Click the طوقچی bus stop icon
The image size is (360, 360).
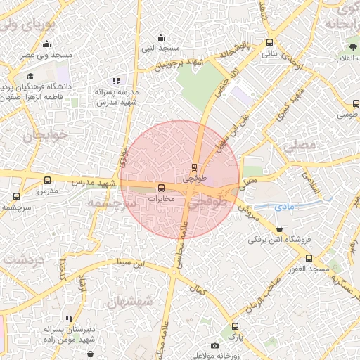coord(195,167)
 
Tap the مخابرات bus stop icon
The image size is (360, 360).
coord(162,188)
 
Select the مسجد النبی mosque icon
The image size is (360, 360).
coord(161,38)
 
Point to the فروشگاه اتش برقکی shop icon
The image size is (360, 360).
coord(280,229)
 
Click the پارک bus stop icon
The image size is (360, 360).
coord(235,326)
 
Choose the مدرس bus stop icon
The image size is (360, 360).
coord(47,181)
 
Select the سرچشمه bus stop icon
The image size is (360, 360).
coord(16,196)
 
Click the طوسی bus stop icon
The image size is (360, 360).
coord(356,103)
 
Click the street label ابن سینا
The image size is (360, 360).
coord(133,264)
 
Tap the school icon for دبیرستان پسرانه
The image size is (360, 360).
coord(68,319)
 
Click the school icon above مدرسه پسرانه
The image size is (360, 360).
coord(115,82)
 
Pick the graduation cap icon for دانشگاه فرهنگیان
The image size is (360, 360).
coord(30,76)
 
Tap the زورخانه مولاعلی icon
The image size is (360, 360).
coord(214,345)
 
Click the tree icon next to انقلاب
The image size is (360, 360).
coord(352,48)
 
